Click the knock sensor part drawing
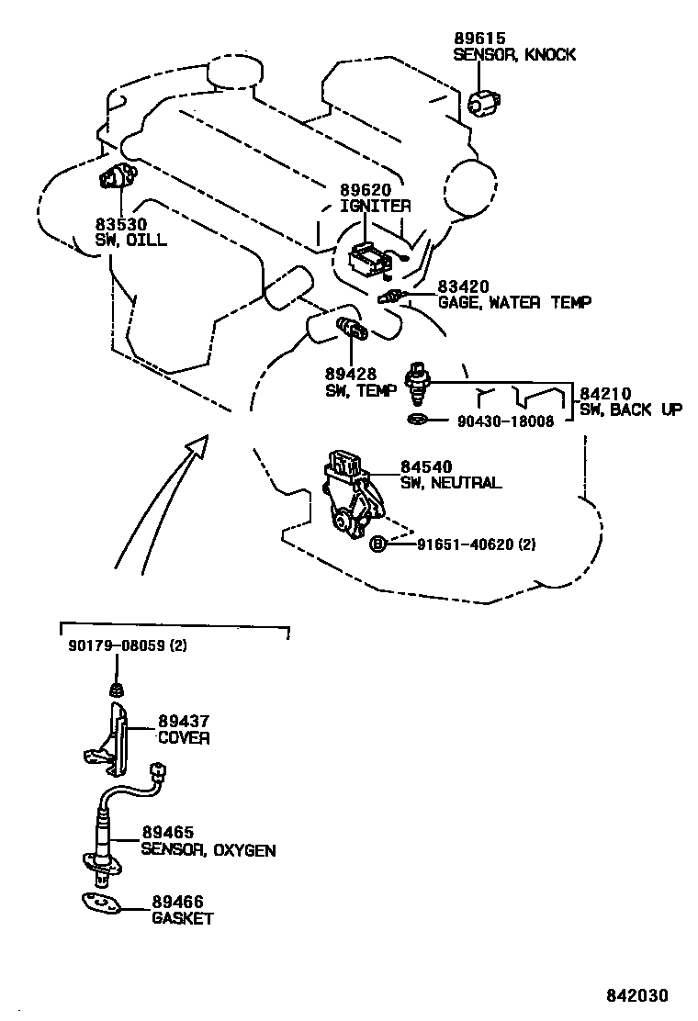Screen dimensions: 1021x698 point(483,103)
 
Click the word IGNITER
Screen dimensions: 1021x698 point(375,207)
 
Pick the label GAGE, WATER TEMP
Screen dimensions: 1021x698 point(514,302)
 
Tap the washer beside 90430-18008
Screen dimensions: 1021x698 point(417,421)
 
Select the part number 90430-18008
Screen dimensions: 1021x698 point(505,421)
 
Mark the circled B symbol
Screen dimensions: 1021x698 point(377,544)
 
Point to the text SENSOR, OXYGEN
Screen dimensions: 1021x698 point(208,850)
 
